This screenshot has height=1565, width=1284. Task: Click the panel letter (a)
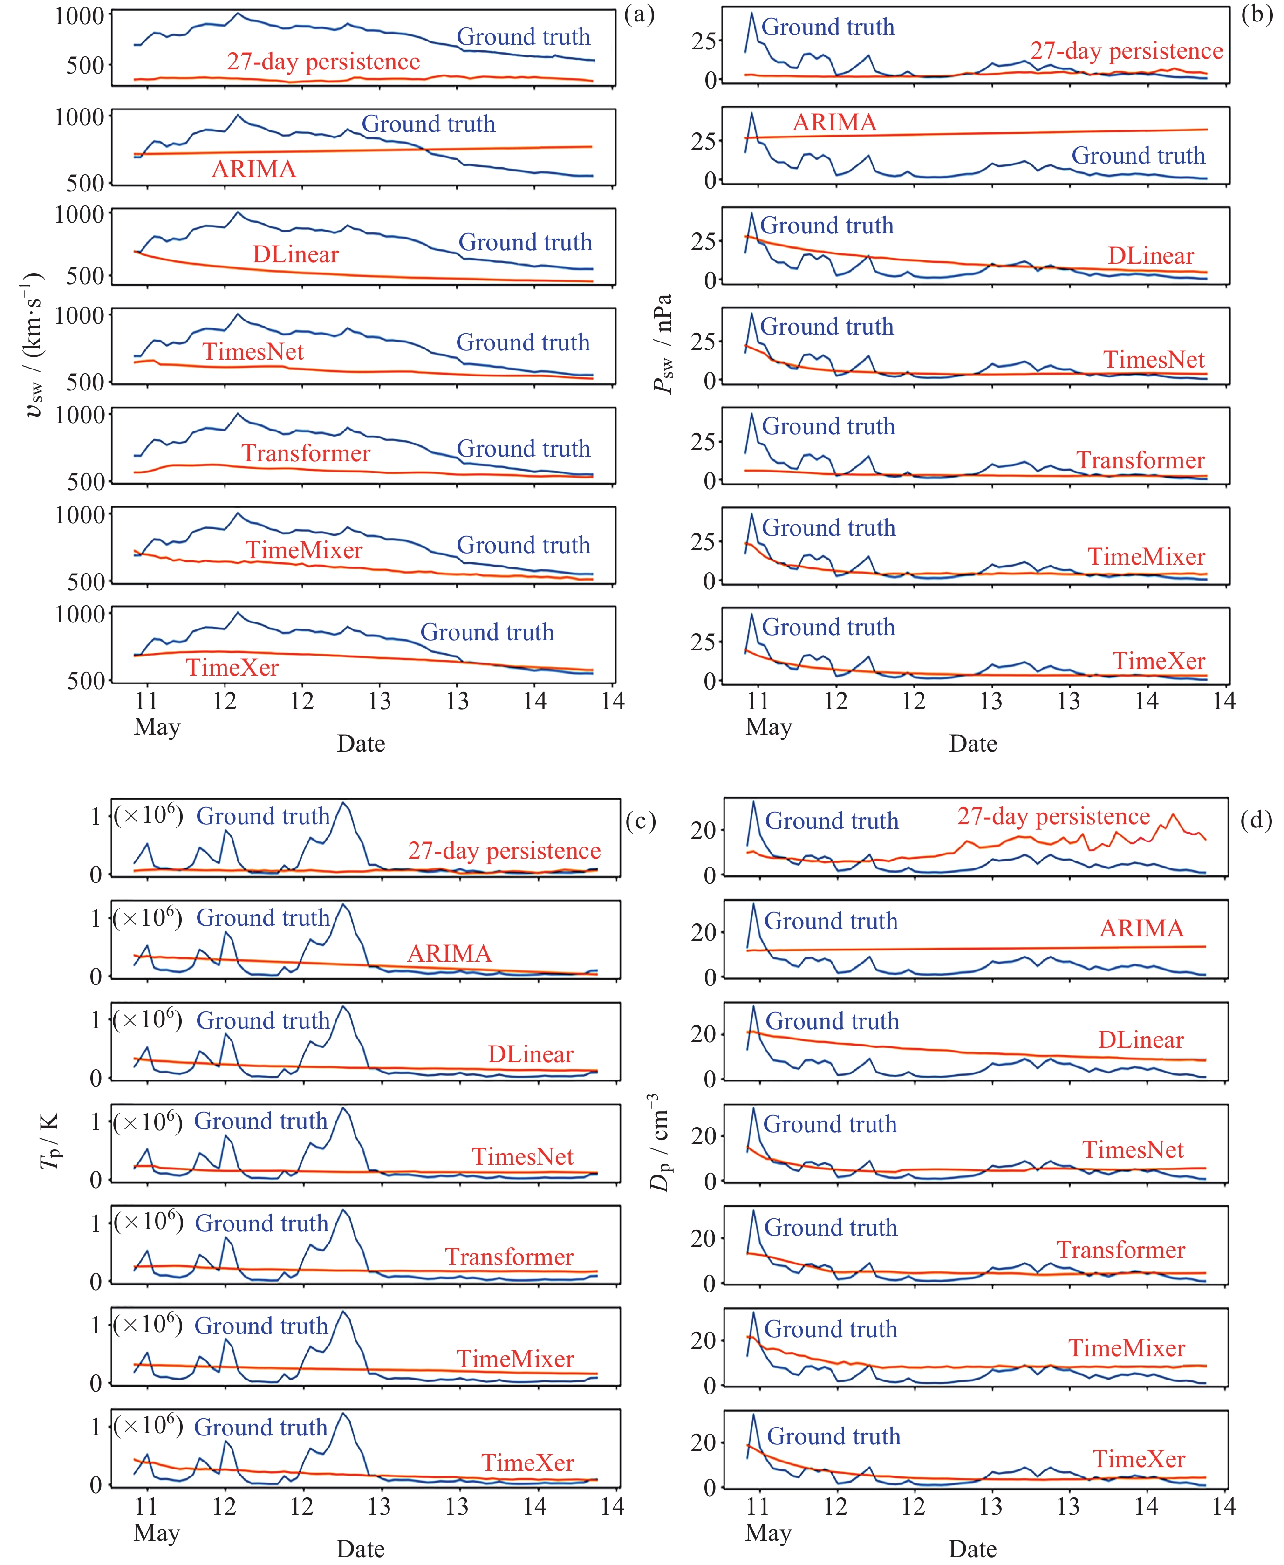click(x=639, y=15)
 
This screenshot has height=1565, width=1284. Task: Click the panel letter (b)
click(x=1256, y=15)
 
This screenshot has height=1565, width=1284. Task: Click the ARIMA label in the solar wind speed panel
click(x=254, y=170)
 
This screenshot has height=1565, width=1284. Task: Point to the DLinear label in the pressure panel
click(x=1150, y=256)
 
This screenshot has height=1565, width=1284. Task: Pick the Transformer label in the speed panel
click(x=306, y=453)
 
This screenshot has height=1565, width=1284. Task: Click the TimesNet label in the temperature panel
click(x=522, y=1156)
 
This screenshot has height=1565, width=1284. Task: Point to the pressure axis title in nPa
click(x=662, y=344)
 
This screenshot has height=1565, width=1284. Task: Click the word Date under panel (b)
click(x=973, y=743)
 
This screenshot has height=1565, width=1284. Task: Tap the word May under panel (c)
click(x=157, y=1532)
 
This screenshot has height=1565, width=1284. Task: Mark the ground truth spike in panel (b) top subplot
click(x=752, y=14)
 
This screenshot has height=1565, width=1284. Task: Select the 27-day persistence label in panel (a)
click(x=323, y=62)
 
